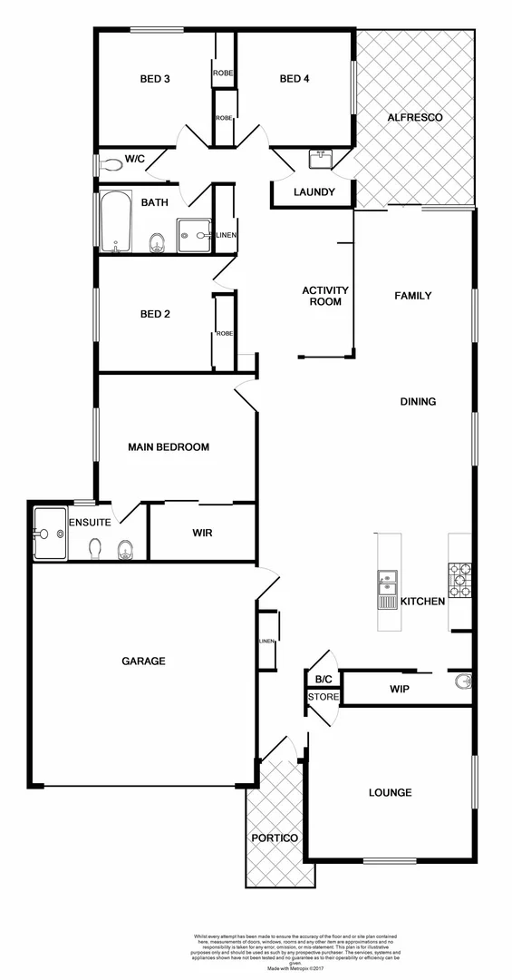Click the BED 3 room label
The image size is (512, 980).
[155, 79]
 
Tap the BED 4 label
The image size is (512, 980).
[295, 79]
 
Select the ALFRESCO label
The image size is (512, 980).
[413, 118]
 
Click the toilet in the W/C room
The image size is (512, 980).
[111, 165]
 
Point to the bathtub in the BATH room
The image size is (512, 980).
[116, 221]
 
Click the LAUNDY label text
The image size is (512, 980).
[314, 192]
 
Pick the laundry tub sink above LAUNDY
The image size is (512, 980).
[321, 160]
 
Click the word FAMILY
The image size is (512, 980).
[412, 296]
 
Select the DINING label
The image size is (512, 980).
[419, 402]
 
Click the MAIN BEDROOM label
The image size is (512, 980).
[169, 447]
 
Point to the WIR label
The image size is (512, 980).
[202, 533]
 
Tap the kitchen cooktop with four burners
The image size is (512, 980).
[458, 581]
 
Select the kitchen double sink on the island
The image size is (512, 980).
[387, 582]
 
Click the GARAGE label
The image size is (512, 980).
[144, 661]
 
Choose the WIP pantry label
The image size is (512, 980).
[400, 690]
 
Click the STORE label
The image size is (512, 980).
[324, 697]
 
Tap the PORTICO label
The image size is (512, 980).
[275, 838]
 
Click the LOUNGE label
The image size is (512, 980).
[390, 792]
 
